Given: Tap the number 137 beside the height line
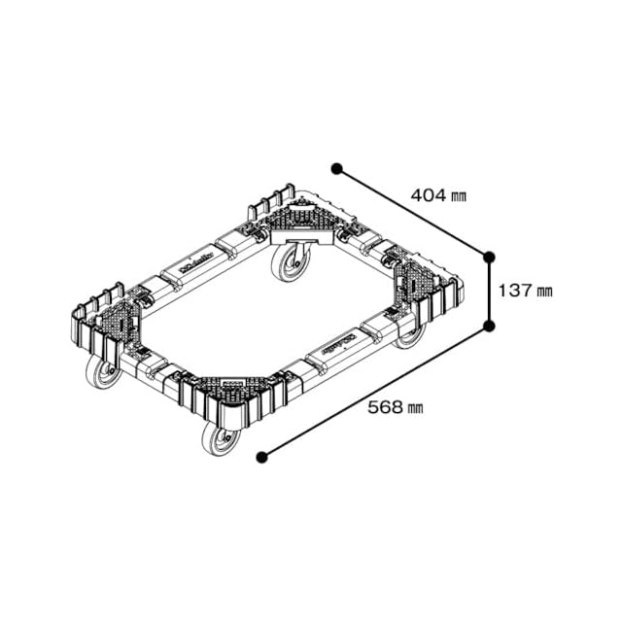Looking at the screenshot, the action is pos(515,290).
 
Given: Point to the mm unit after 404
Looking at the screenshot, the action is pos(458,196).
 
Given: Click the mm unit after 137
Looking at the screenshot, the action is pos(544,291).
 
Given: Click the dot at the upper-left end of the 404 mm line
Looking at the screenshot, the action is pos(336,168).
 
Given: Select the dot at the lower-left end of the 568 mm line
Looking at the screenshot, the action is pos(260,456).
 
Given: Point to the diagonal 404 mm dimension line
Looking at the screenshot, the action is pos(413,212).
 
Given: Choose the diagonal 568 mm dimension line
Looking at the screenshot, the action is pos(375,391).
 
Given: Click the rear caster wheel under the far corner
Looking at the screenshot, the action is pos(288,263).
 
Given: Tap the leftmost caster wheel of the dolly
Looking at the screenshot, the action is pos(101,371).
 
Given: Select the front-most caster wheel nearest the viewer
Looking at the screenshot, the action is pos(220,438).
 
